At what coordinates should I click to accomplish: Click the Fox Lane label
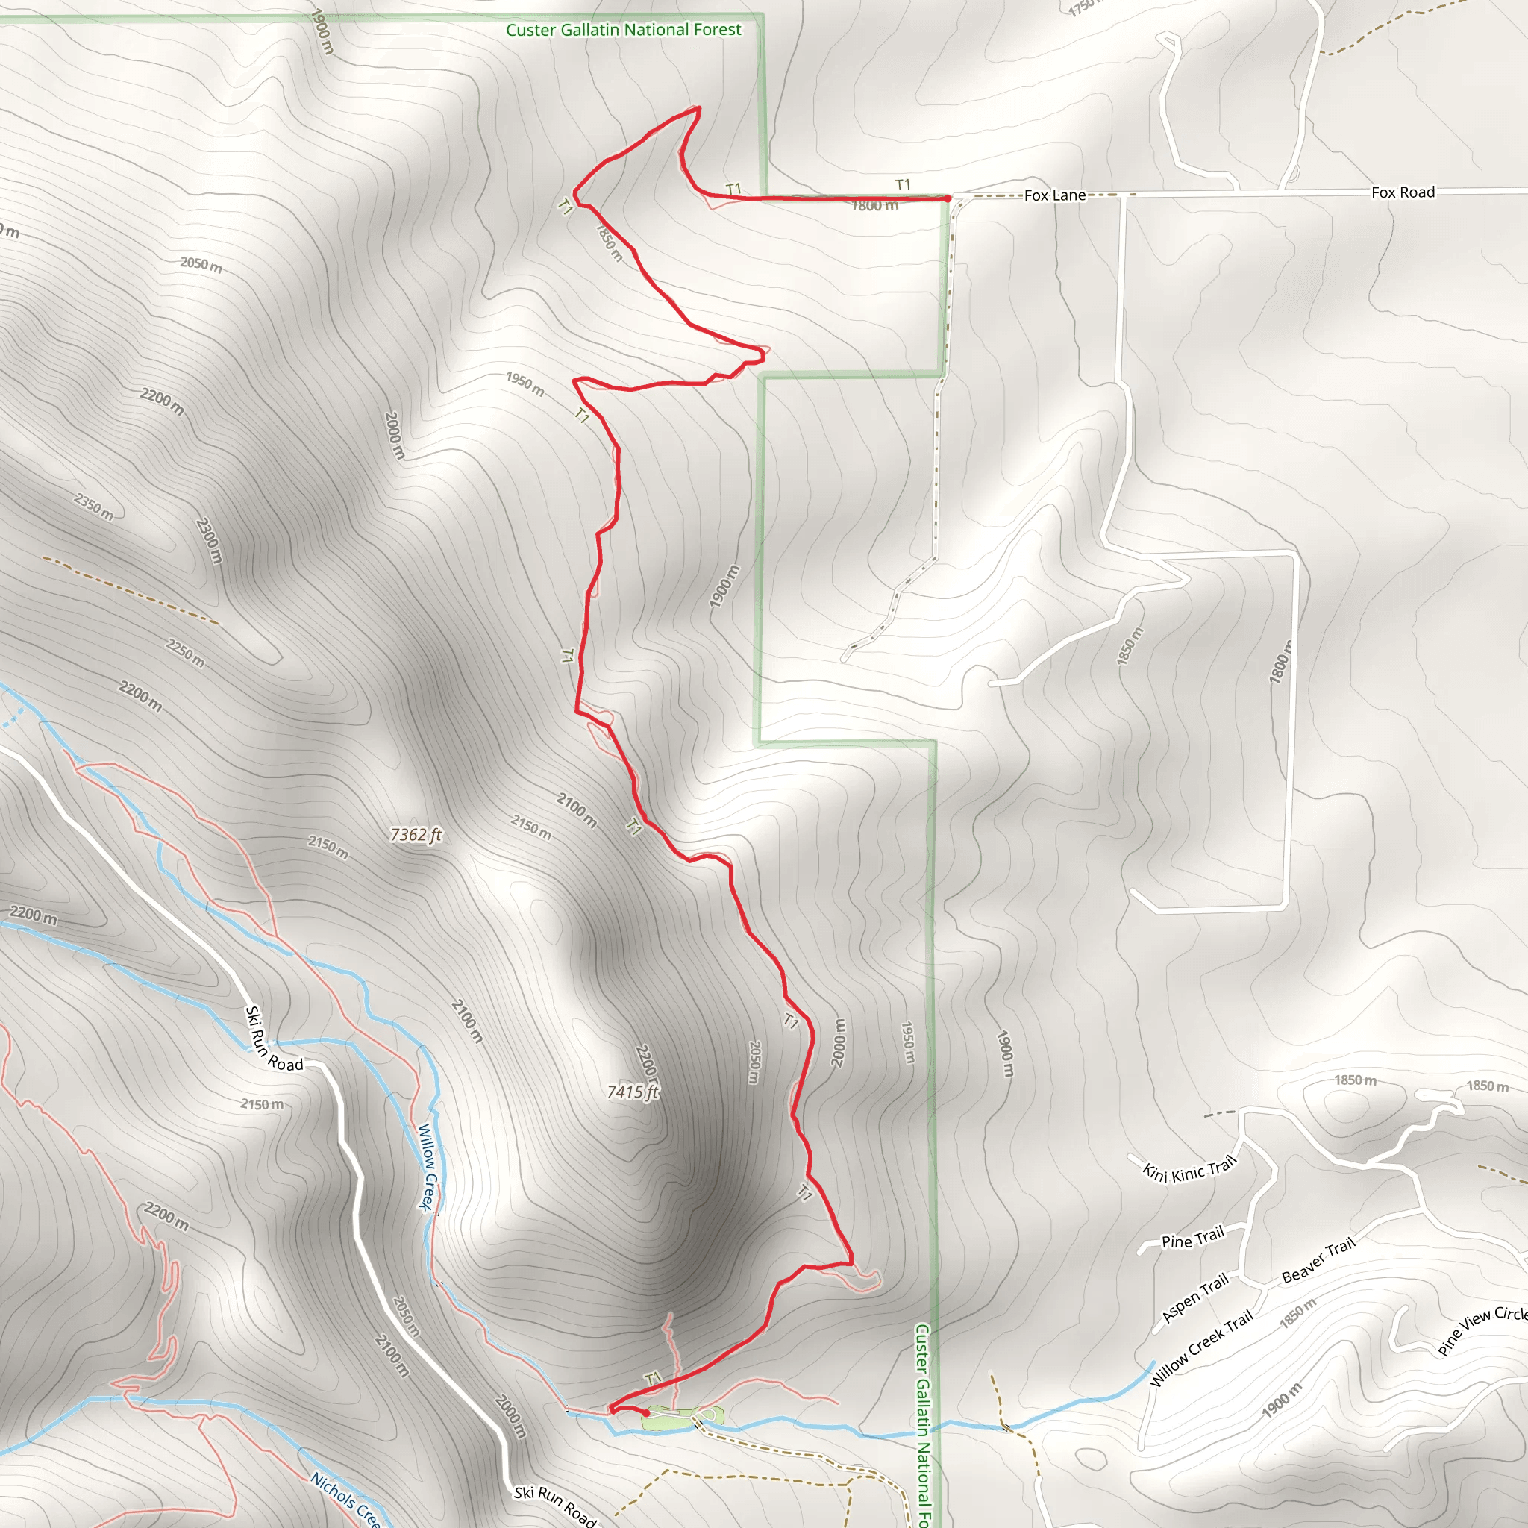click(1054, 195)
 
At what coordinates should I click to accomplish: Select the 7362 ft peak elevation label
click(416, 834)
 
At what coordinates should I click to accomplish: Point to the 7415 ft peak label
click(633, 1092)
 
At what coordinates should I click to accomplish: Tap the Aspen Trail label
click(1194, 1297)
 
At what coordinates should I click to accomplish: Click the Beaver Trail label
click(1318, 1261)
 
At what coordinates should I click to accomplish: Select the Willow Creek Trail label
click(1200, 1347)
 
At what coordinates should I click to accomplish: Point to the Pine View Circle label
click(1482, 1330)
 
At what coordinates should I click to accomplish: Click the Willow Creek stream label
click(427, 1167)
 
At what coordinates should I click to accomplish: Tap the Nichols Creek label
click(345, 1498)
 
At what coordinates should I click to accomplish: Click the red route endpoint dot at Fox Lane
click(947, 198)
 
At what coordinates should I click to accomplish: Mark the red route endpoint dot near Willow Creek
click(646, 1412)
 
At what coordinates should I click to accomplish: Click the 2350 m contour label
click(94, 506)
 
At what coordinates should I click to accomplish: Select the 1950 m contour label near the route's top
click(525, 384)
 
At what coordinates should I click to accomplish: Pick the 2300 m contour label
click(209, 540)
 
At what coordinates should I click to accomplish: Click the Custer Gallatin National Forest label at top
click(623, 30)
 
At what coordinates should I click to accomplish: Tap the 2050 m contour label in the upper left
click(201, 264)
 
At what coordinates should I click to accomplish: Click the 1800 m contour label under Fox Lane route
click(874, 207)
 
